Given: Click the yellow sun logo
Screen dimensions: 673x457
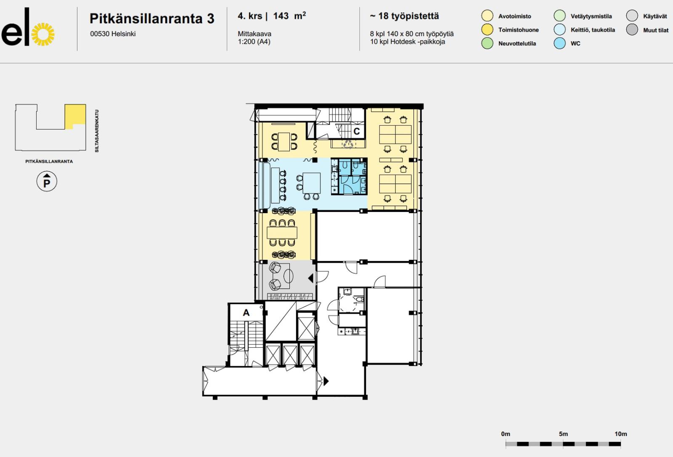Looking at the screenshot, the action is pyautogui.click(x=43, y=34).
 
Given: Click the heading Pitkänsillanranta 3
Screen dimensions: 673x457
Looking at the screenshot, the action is pyautogui.click(x=152, y=18).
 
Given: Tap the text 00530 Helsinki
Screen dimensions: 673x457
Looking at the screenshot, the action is pyautogui.click(x=113, y=34).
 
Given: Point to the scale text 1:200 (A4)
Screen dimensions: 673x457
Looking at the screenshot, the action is pyautogui.click(x=254, y=42).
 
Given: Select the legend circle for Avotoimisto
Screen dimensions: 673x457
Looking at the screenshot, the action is pyautogui.click(x=487, y=16).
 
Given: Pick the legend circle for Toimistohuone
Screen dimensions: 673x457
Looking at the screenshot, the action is pyautogui.click(x=487, y=29).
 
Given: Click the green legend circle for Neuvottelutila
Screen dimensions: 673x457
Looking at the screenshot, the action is pyautogui.click(x=487, y=43).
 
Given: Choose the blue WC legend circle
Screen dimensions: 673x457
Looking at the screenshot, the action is pyautogui.click(x=559, y=43).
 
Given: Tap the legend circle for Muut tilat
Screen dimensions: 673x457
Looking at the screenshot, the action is pyautogui.click(x=632, y=29).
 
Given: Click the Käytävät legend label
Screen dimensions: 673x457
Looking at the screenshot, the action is pyautogui.click(x=655, y=16).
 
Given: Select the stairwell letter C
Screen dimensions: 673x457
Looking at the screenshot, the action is pyautogui.click(x=357, y=131).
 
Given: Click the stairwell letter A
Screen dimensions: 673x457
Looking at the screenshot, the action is pyautogui.click(x=246, y=313).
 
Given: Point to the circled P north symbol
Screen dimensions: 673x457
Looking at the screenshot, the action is pyautogui.click(x=47, y=181).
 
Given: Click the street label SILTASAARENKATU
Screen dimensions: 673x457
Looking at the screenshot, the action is pyautogui.click(x=97, y=131).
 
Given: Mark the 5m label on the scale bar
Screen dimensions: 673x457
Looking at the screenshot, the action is pyautogui.click(x=563, y=434).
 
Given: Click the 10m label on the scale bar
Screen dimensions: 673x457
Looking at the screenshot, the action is pyautogui.click(x=621, y=434).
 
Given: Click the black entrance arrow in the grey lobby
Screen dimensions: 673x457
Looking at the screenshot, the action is pyautogui.click(x=311, y=278).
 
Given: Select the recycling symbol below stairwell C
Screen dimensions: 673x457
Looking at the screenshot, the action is pyautogui.click(x=349, y=145).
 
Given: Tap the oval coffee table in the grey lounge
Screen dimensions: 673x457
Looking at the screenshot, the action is pyautogui.click(x=289, y=276).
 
